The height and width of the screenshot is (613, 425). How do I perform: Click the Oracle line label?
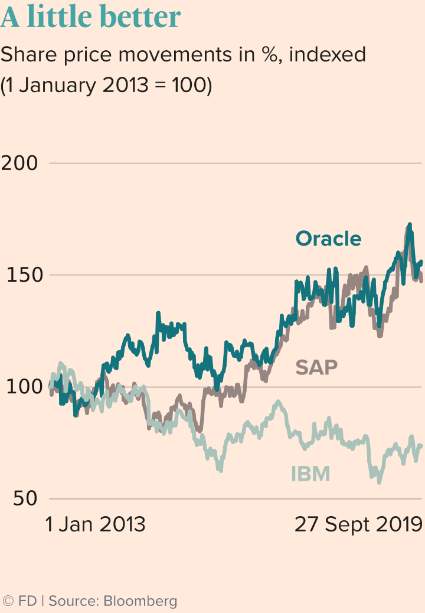click(x=328, y=239)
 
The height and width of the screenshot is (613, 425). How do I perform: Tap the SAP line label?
click(x=316, y=367)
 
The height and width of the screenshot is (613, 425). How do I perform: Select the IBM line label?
click(x=310, y=474)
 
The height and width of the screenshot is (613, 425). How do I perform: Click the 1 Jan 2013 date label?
click(x=96, y=524)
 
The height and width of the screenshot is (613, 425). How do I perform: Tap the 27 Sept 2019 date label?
click(x=359, y=524)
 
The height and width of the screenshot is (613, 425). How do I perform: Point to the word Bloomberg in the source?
click(x=140, y=601)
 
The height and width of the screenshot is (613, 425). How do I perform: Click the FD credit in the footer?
click(x=27, y=601)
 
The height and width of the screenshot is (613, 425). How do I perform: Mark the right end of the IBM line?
click(x=421, y=446)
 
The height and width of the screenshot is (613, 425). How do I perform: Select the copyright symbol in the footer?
click(x=8, y=601)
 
